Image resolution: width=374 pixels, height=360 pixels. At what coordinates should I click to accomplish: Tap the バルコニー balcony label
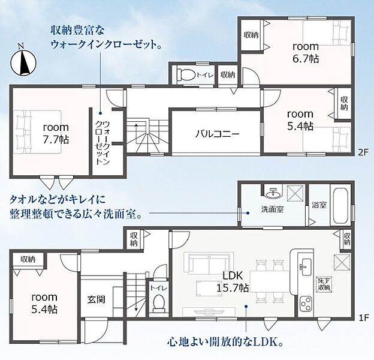[x=218, y=134]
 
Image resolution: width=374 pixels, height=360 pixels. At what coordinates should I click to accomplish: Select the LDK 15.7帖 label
[x=233, y=281]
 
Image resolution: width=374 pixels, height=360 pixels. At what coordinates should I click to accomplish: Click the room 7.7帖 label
[x=56, y=133]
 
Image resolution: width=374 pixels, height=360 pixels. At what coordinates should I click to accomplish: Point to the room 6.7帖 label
[x=306, y=52]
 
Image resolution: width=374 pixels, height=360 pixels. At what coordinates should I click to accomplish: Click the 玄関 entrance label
[x=96, y=299]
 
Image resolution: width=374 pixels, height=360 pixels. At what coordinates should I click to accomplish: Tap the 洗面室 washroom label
[x=272, y=209]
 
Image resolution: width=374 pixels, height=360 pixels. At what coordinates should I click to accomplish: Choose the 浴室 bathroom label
[x=319, y=205]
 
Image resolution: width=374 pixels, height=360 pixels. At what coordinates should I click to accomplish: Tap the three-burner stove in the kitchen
[x=305, y=303]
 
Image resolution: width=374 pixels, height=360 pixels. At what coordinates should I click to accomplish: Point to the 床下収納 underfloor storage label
[x=325, y=284]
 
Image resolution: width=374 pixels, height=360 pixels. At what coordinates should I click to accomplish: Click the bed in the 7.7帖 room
[x=37, y=131]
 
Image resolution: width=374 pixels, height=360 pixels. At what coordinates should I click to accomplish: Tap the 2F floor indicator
[x=363, y=152]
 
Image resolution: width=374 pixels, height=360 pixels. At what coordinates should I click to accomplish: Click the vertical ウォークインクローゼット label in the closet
[x=103, y=143]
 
